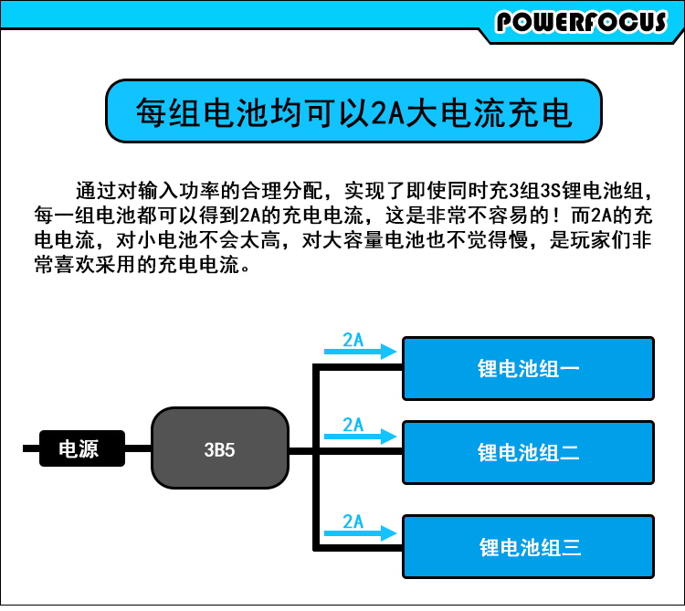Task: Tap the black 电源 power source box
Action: (81, 448)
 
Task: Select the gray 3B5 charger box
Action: (220, 448)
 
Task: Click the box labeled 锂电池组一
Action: (529, 368)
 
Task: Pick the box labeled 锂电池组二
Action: (529, 452)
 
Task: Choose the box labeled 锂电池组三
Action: (529, 547)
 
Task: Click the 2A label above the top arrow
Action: (353, 340)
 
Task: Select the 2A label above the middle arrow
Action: (353, 424)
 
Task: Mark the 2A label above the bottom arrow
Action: (353, 521)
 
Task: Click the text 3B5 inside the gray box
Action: (220, 449)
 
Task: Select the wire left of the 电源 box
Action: (31, 448)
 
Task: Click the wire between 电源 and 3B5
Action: (137, 448)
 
